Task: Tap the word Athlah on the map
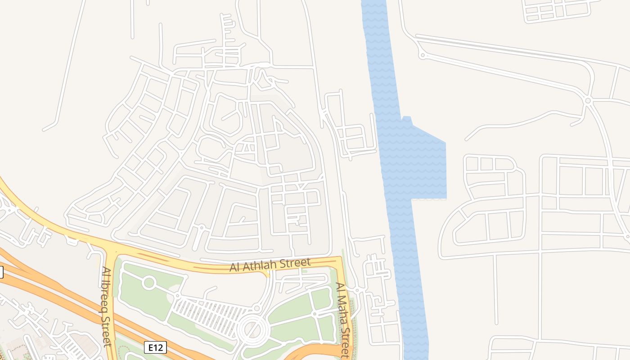260,265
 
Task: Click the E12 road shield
155,347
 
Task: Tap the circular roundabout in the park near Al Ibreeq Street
149,283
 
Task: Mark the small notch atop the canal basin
407,119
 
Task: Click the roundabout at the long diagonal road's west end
422,55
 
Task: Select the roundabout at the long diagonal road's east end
587,100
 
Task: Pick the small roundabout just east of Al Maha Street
357,290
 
